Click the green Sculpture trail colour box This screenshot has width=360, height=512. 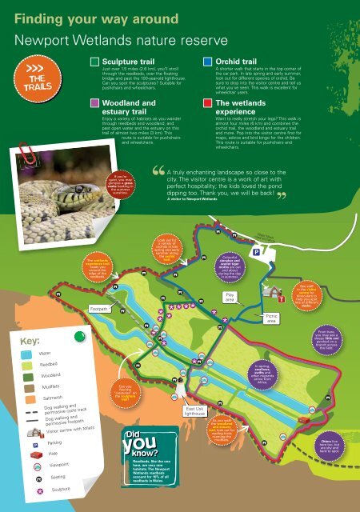pyautogui.click(x=95, y=61)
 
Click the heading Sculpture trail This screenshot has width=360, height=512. pyautogui.click(x=130, y=61)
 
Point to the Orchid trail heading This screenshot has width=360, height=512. pyautogui.click(x=239, y=61)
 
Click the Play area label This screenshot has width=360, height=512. pyautogui.click(x=229, y=298)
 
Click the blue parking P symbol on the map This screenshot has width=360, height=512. pyautogui.click(x=256, y=252)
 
